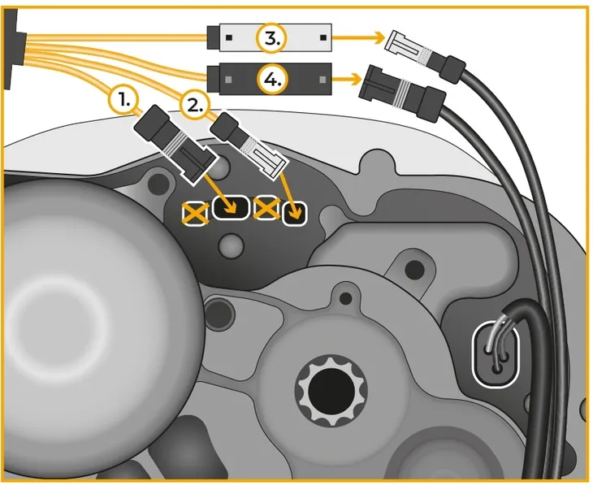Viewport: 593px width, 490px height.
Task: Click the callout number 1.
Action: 123,100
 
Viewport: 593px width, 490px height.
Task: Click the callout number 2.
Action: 195,105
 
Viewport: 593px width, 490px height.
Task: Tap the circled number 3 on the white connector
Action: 270,37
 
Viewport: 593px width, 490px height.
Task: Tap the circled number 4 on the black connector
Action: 270,79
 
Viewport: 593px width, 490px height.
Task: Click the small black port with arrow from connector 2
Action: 296,212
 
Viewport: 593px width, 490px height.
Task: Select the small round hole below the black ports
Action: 234,244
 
